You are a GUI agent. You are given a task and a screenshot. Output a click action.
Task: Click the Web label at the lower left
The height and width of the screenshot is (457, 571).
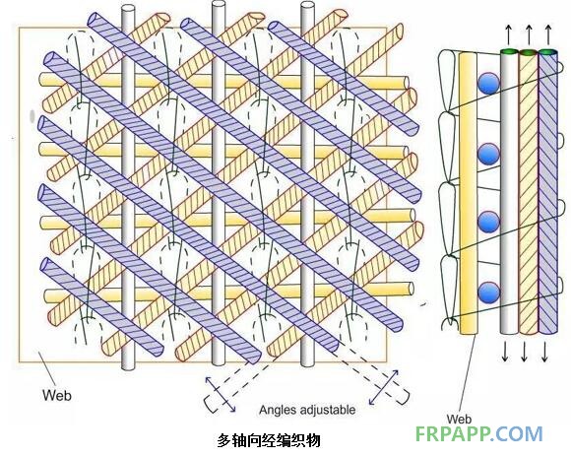click(x=57, y=395)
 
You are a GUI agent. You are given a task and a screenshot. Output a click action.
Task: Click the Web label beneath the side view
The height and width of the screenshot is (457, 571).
click(x=459, y=419)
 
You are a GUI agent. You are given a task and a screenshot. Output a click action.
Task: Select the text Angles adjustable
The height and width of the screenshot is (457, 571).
click(x=307, y=410)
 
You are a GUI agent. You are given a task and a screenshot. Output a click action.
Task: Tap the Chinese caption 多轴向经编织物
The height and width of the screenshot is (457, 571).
click(x=269, y=440)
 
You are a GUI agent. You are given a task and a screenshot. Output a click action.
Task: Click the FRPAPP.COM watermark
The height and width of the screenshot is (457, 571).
click(x=479, y=434)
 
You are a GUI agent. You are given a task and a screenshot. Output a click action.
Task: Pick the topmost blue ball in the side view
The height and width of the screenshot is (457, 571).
click(x=488, y=84)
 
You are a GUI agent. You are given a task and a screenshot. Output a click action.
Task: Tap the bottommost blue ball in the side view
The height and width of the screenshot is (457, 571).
click(x=488, y=293)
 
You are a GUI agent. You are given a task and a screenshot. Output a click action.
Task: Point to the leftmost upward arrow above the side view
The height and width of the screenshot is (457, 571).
click(x=509, y=33)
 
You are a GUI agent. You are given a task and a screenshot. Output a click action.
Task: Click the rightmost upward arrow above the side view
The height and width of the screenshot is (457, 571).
click(x=548, y=33)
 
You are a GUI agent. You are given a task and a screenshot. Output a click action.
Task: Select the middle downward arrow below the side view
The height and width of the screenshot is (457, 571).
click(x=525, y=352)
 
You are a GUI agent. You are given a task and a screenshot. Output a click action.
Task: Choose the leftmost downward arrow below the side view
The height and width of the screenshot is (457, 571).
click(x=505, y=352)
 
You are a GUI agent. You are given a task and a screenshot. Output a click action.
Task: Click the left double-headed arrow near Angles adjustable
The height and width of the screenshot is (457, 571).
click(x=221, y=395)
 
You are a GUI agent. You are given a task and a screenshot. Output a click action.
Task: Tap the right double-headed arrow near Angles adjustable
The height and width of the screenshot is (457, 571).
click(x=384, y=387)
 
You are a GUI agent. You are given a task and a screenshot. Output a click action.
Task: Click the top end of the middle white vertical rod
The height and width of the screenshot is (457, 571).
click(x=218, y=5)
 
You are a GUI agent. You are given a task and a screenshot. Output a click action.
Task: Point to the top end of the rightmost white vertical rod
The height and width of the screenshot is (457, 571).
click(x=307, y=7)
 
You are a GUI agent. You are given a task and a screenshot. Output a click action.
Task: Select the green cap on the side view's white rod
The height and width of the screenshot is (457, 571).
click(x=509, y=52)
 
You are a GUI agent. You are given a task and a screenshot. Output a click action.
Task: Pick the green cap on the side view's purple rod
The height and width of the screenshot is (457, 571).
click(x=547, y=52)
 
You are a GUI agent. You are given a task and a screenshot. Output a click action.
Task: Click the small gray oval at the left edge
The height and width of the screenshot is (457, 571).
click(x=32, y=116)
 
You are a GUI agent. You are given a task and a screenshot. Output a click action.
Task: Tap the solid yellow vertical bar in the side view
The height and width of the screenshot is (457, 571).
click(x=469, y=193)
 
